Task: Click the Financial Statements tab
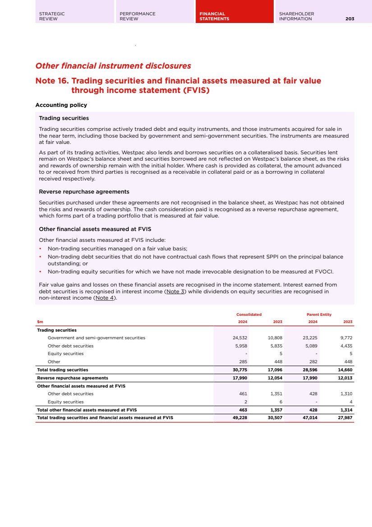(x=215, y=16)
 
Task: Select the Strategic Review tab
(x=52, y=16)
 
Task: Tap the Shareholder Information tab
(x=297, y=16)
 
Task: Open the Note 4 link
(x=105, y=297)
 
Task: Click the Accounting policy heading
(x=61, y=105)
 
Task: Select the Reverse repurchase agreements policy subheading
(x=84, y=192)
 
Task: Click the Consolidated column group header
(x=249, y=314)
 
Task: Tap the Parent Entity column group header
(x=319, y=314)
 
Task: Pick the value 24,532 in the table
(x=239, y=337)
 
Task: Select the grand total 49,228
(x=239, y=418)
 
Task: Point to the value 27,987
(x=344, y=418)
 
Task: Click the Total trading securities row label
(x=62, y=370)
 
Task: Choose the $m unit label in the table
(x=40, y=322)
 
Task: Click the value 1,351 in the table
(x=276, y=394)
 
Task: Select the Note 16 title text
(x=178, y=85)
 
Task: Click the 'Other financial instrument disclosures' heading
(x=113, y=66)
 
